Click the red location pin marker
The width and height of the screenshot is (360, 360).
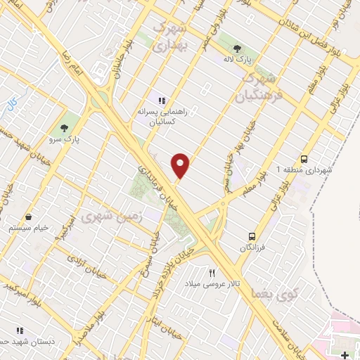pos(181,166)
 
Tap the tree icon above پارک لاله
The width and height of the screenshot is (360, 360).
pos(236,49)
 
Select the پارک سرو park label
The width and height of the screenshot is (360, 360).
pos(67,139)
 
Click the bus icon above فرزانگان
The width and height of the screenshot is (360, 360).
pos(251,236)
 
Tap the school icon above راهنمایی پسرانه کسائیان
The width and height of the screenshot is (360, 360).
pos(162,100)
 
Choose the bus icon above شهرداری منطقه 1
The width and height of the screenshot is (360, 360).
pos(304,158)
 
